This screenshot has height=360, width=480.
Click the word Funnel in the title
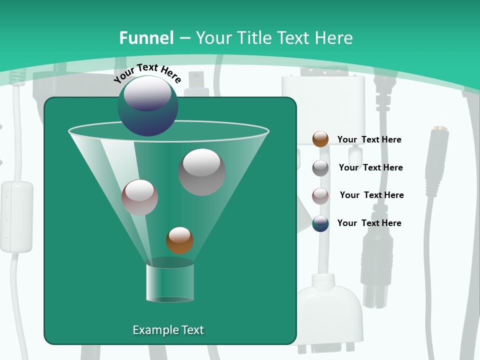pyautogui.click(x=146, y=37)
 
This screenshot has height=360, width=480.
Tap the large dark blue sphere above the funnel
pyautogui.click(x=147, y=105)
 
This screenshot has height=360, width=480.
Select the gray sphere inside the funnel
pyautogui.click(x=202, y=171)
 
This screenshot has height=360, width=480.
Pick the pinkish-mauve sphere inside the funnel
pyautogui.click(x=139, y=197)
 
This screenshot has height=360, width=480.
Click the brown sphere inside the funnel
pyautogui.click(x=179, y=240)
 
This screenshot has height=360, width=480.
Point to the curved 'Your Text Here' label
pyautogui.click(x=147, y=72)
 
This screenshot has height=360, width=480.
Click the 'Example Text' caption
pyautogui.click(x=168, y=330)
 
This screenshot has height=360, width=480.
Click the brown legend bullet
pyautogui.click(x=320, y=139)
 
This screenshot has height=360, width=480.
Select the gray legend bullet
pyautogui.click(x=320, y=167)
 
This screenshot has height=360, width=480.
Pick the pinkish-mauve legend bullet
pyautogui.click(x=320, y=195)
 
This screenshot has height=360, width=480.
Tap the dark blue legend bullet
pyautogui.click(x=320, y=223)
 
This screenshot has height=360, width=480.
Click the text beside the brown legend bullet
pyautogui.click(x=369, y=139)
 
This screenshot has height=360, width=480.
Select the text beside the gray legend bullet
pyautogui.click(x=370, y=167)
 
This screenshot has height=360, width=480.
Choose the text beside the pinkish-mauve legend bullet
pyautogui.click(x=371, y=195)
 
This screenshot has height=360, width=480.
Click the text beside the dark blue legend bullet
pyautogui.click(x=369, y=223)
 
